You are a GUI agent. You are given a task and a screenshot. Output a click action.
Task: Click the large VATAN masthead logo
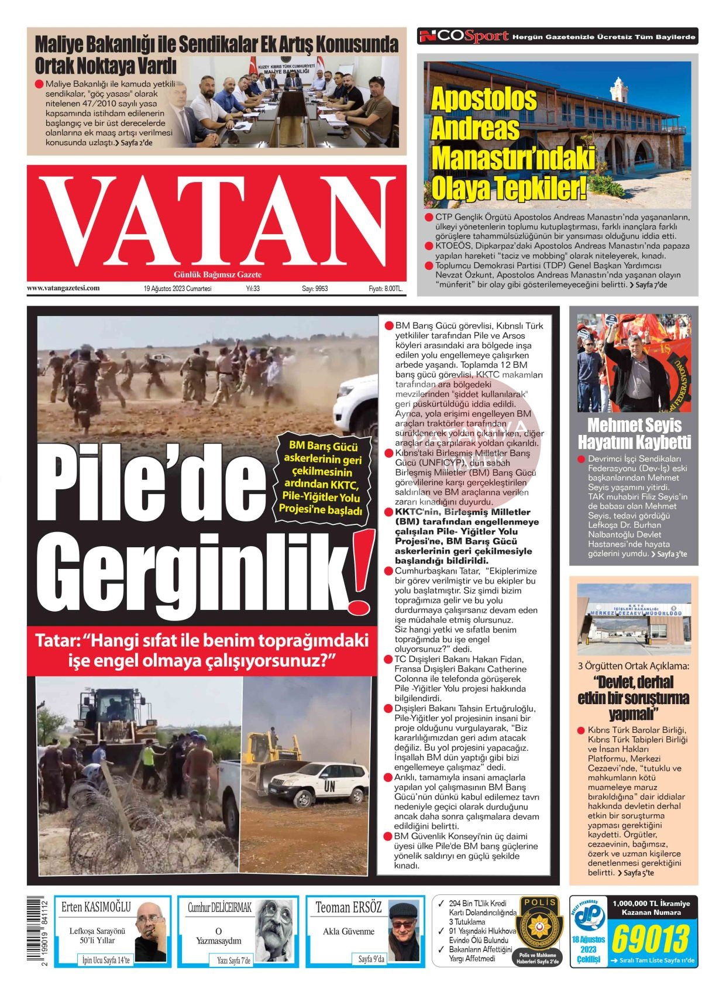(216, 219)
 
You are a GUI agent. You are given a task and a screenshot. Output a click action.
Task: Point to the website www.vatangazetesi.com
(63, 288)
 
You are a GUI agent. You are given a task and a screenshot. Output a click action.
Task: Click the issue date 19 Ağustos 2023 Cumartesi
(178, 289)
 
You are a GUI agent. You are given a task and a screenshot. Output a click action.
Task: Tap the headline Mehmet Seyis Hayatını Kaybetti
(634, 433)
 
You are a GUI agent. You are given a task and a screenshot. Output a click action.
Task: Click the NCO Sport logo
(464, 37)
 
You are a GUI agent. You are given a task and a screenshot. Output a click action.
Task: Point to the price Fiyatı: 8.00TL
(385, 289)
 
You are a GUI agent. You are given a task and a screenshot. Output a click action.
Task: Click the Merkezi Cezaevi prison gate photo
(634, 619)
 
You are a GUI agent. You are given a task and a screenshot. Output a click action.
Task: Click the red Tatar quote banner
(202, 650)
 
